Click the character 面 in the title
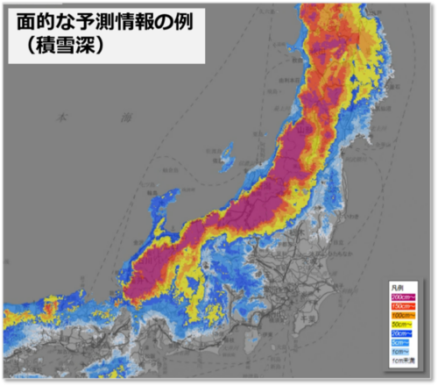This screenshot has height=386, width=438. click(x=28, y=20)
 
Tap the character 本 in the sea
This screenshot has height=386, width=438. click(x=60, y=115)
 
